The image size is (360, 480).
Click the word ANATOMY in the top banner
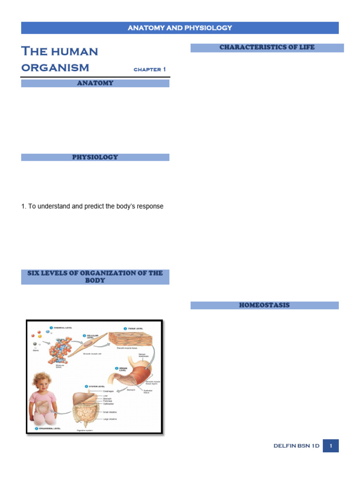(144, 28)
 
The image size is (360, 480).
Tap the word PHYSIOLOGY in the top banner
(207, 28)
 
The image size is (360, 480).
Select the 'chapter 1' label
(150, 69)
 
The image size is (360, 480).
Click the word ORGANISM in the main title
(55, 67)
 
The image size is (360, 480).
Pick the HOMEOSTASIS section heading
(264, 305)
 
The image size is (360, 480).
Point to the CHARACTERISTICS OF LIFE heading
(267, 47)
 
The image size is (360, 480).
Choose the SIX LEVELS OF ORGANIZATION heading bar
(95, 277)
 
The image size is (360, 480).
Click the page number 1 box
(330, 446)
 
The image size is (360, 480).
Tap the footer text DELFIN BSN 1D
(296, 446)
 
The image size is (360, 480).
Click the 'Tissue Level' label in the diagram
(136, 329)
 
